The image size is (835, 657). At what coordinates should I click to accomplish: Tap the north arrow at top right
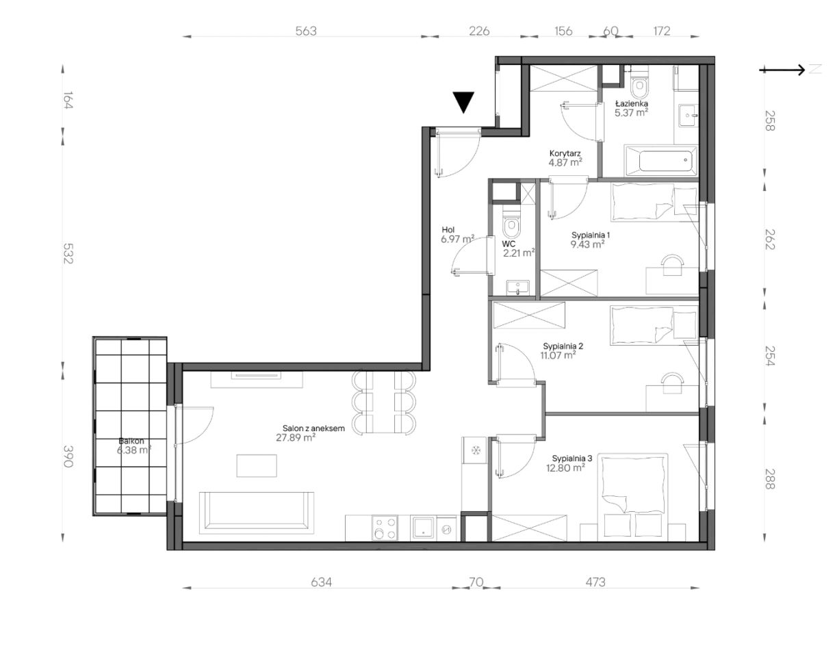click(x=782, y=70)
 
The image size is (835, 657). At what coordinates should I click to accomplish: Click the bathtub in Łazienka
click(x=662, y=161)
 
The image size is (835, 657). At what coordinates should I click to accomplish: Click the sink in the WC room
click(x=517, y=288)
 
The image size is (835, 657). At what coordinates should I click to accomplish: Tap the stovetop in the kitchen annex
click(x=385, y=528)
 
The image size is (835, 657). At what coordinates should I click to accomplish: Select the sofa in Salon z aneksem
click(x=257, y=513)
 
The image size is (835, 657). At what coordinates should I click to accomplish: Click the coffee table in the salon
click(x=257, y=465)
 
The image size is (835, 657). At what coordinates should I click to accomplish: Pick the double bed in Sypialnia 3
click(x=632, y=497)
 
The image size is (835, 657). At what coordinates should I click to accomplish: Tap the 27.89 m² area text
click(x=296, y=438)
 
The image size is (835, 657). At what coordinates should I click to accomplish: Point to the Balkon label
click(x=131, y=441)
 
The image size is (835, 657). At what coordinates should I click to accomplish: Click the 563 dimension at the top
click(x=306, y=31)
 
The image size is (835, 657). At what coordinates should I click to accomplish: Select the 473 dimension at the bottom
click(x=595, y=582)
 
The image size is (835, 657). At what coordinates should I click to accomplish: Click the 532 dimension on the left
click(x=68, y=253)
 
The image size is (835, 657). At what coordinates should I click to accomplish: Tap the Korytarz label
click(x=565, y=153)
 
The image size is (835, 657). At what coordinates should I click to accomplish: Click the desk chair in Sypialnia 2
click(x=672, y=383)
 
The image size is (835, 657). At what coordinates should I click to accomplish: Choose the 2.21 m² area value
click(x=519, y=253)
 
